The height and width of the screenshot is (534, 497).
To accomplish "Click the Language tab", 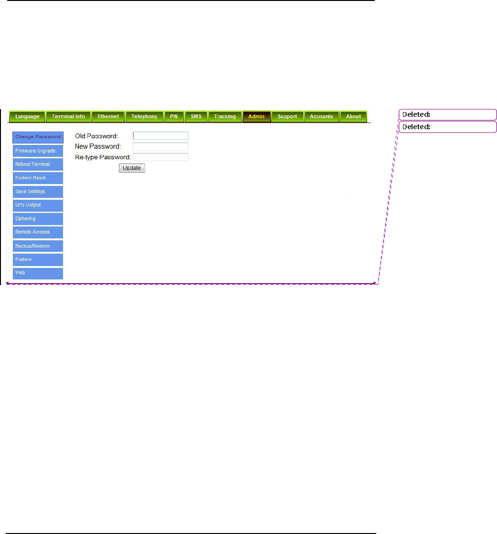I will tap(27, 116).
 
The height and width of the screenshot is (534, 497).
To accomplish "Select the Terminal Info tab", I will tap(68, 116).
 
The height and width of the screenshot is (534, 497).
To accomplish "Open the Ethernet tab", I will tap(108, 116).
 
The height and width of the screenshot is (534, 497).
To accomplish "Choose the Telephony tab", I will tap(144, 116).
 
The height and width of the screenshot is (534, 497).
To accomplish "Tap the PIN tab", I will tap(174, 116).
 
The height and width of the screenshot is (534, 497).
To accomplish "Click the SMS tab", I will tap(196, 116).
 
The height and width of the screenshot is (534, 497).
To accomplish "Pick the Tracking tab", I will tap(225, 116).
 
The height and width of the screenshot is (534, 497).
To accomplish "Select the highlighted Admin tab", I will tap(256, 116).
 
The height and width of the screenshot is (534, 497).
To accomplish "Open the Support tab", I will tap(287, 116).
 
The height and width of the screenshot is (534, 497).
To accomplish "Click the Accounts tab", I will tap(321, 116).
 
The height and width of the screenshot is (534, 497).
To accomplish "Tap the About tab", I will tap(353, 116).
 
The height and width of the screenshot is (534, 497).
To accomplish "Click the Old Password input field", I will tap(160, 136).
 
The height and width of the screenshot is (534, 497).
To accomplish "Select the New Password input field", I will tap(160, 146).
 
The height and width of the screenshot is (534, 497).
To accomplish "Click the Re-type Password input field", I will tap(160, 156).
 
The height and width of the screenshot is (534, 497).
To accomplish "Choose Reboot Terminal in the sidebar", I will tap(38, 164).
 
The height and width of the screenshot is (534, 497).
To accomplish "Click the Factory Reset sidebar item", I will tap(38, 178).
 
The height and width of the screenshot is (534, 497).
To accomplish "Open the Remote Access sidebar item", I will tap(38, 232).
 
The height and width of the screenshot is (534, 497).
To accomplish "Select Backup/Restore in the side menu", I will tap(38, 246).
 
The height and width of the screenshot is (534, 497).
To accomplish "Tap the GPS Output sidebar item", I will tap(38, 205).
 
